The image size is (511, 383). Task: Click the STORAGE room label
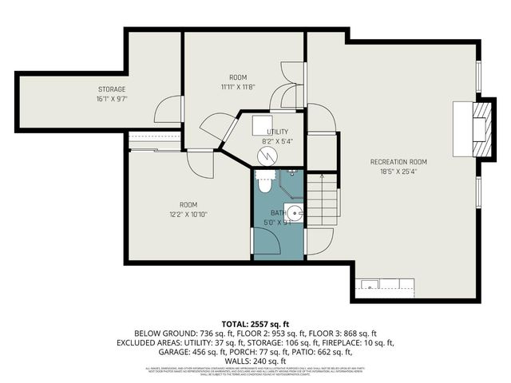pos(113,89)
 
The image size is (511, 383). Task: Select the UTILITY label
pos(278,132)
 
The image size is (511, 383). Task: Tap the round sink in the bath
pos(294,212)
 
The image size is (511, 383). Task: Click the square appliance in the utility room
pos(263,125)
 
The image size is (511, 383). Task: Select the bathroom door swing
pos(319,237)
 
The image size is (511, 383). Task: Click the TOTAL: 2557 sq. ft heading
pos(255,323)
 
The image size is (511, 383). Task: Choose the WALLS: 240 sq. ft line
pos(255,361)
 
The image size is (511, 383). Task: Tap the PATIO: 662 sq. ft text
pos(328,352)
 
